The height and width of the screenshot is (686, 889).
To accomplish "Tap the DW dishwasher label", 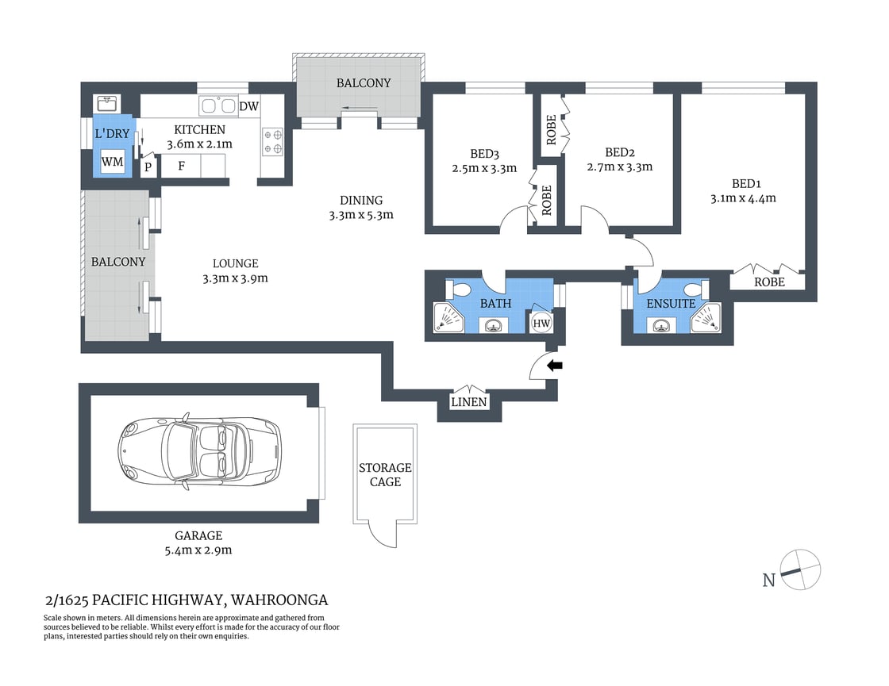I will point(248,107).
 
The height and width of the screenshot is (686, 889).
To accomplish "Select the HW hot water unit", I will point(541,323).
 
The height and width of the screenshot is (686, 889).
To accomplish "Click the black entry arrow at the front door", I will point(556,366).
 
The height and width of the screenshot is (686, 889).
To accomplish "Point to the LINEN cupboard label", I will point(469,403).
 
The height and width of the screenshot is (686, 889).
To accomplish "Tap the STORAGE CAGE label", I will point(385,474).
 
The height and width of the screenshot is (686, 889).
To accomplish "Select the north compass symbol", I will point(799,569).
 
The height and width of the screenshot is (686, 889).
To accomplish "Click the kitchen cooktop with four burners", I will point(274,141).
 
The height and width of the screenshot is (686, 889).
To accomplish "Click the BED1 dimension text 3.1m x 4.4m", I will point(743,198).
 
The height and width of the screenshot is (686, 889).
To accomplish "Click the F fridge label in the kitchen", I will point(182,167).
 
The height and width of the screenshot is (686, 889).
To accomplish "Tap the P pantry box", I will point(148,167).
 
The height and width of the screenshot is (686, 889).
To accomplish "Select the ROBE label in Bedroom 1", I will point(769,282).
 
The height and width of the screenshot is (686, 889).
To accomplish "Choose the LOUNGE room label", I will point(235,263).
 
